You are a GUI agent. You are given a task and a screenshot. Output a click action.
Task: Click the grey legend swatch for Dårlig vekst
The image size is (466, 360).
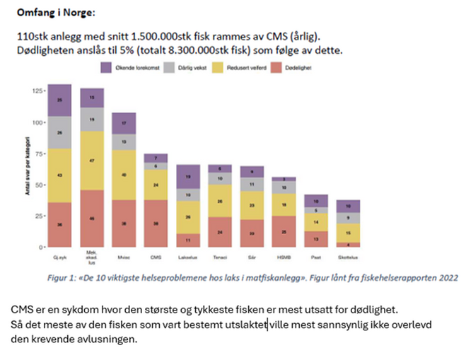(169, 68)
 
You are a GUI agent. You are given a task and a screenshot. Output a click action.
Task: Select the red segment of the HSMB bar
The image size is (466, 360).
(284, 231)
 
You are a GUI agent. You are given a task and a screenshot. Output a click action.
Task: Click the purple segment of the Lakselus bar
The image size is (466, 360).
(187, 176)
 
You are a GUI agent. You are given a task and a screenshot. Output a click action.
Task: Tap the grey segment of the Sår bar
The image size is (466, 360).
(252, 185)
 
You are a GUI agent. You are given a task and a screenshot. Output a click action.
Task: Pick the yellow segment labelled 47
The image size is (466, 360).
(92, 161)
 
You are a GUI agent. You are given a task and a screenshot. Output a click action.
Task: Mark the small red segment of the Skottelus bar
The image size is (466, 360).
(348, 245)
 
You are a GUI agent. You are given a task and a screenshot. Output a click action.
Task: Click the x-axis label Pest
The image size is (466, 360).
(315, 256)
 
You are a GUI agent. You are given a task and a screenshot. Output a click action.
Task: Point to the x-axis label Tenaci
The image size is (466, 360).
(219, 256)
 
